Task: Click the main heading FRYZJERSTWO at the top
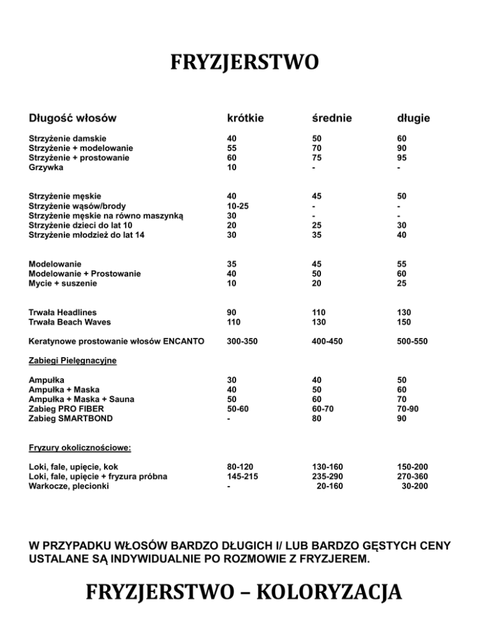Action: (x=244, y=64)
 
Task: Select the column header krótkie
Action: (x=246, y=118)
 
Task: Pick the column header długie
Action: (x=412, y=118)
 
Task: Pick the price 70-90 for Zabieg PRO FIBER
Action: (x=408, y=409)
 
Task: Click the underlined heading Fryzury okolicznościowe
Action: (x=80, y=448)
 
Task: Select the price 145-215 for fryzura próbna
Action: (x=245, y=477)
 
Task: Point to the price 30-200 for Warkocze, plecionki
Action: (x=415, y=487)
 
